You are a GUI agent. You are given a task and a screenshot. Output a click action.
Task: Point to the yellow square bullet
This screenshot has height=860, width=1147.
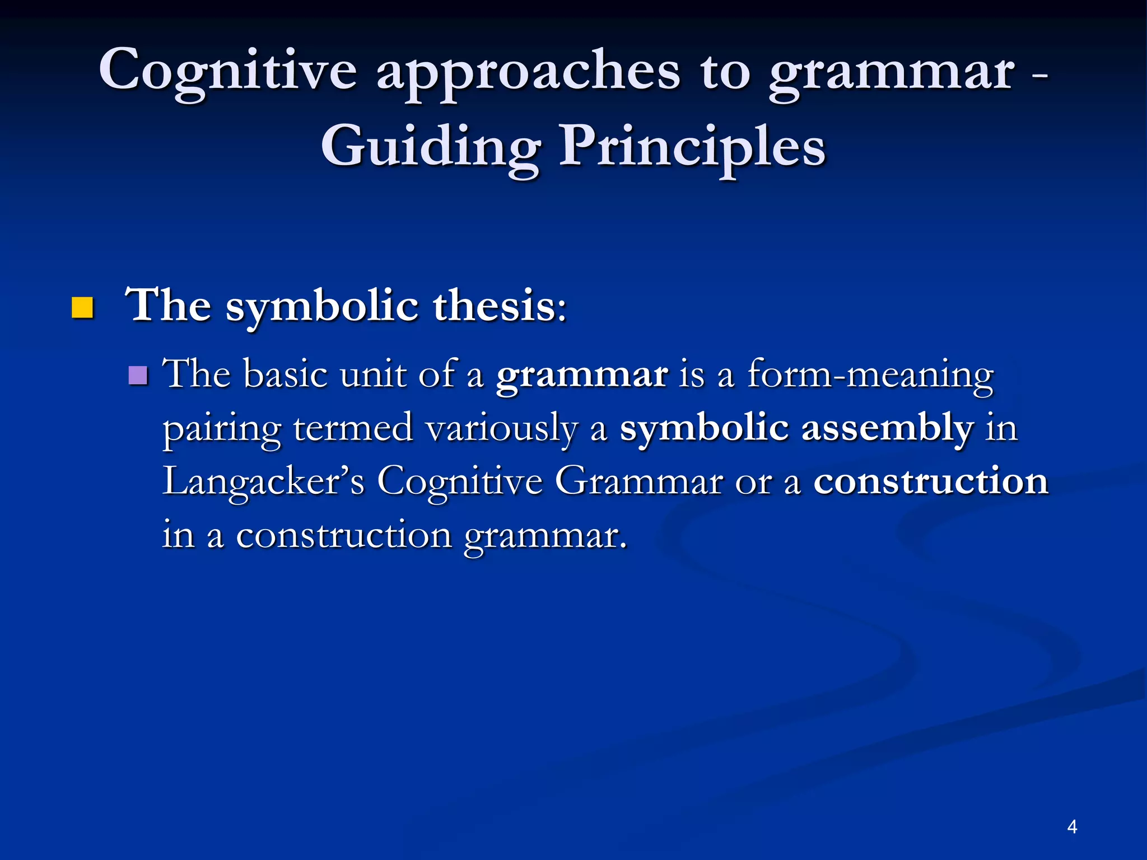82,308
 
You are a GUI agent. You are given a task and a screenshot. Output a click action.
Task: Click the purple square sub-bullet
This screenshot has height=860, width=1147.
138,376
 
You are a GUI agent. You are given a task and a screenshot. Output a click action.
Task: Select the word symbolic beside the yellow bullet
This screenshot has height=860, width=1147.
321,307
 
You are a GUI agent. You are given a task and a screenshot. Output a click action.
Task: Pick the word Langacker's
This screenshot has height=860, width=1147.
263,482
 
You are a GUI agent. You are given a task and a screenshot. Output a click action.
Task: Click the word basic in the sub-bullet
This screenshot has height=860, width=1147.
286,375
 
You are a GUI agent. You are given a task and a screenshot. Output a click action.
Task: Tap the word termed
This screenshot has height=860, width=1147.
353,429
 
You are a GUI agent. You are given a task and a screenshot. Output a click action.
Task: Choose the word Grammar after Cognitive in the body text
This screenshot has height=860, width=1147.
638,482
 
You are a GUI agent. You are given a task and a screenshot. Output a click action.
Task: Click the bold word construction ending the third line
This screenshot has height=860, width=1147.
930,482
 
